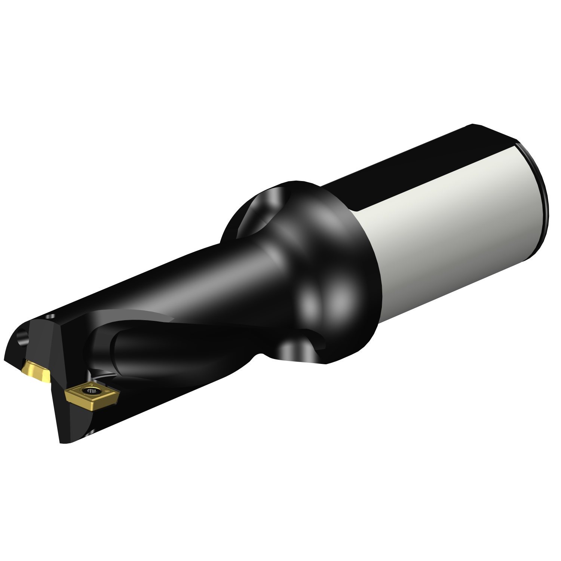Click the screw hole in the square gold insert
[91, 391]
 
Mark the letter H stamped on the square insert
[108, 391]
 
